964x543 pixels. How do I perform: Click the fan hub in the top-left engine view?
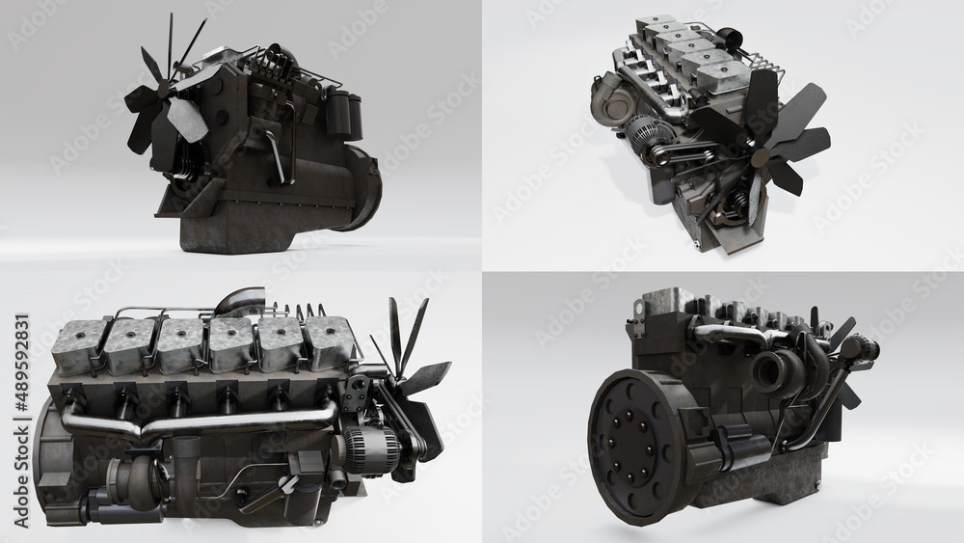(x=171, y=95)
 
